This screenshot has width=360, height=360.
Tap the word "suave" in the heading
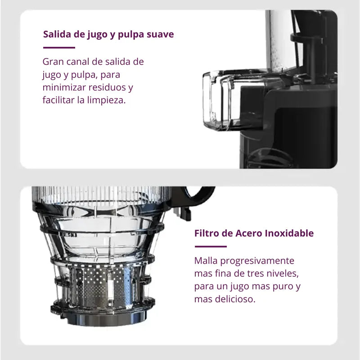point(160,35)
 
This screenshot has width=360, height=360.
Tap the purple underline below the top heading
point(59,47)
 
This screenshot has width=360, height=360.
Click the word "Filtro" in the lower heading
point(207,234)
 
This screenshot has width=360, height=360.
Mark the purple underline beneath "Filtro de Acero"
point(211,246)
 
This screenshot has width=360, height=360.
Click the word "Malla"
point(205,261)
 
